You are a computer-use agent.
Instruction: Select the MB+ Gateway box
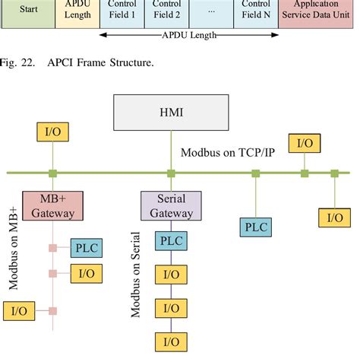click(52, 205)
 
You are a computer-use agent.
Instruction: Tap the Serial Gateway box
click(170, 205)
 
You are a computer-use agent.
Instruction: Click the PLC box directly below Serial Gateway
click(170, 242)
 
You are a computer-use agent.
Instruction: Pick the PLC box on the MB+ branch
click(86, 249)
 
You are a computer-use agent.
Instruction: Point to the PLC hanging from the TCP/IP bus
click(256, 226)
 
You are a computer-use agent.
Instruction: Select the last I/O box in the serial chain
click(170, 341)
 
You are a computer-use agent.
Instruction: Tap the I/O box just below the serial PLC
click(170, 275)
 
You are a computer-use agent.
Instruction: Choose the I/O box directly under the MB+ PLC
click(86, 273)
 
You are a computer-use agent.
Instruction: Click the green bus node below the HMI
click(170, 173)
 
